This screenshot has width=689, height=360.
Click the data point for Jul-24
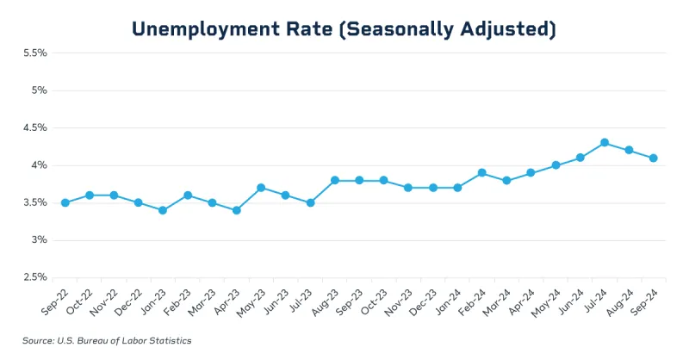605,143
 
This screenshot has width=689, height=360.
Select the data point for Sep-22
65,202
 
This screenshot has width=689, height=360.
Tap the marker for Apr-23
236,210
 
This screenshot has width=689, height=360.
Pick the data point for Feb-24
482,172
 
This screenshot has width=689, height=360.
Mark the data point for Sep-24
654,158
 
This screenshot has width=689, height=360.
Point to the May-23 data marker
261,188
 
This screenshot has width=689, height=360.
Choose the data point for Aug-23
334,180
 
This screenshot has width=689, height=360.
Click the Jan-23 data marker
163,210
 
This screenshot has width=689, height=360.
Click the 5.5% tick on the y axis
34,53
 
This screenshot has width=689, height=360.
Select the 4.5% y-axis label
34,127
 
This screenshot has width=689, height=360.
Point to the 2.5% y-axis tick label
34,277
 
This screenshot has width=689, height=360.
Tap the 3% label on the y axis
39,239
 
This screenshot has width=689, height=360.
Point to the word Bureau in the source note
93,341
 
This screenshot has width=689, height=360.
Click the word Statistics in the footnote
170,341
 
